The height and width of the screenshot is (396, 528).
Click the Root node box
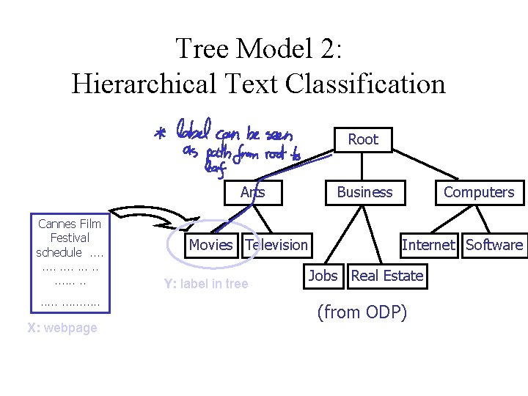point(363,139)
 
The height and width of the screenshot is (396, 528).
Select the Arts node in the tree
point(252,192)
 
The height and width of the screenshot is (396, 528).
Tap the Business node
point(364,192)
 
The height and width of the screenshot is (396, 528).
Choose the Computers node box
point(479,192)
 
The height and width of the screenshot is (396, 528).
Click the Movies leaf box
point(210,245)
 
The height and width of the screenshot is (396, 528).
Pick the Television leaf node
point(276,245)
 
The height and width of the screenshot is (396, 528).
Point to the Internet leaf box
point(428,245)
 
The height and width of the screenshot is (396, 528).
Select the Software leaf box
point(494,245)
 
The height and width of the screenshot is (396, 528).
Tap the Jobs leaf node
point(323,276)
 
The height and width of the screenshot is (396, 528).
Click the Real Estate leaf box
point(387,276)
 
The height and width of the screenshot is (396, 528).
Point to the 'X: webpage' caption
point(62,328)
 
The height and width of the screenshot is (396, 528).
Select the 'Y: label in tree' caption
point(206,284)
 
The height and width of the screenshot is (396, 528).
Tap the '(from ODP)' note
point(362,312)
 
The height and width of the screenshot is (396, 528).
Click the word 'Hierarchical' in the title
point(143,84)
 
